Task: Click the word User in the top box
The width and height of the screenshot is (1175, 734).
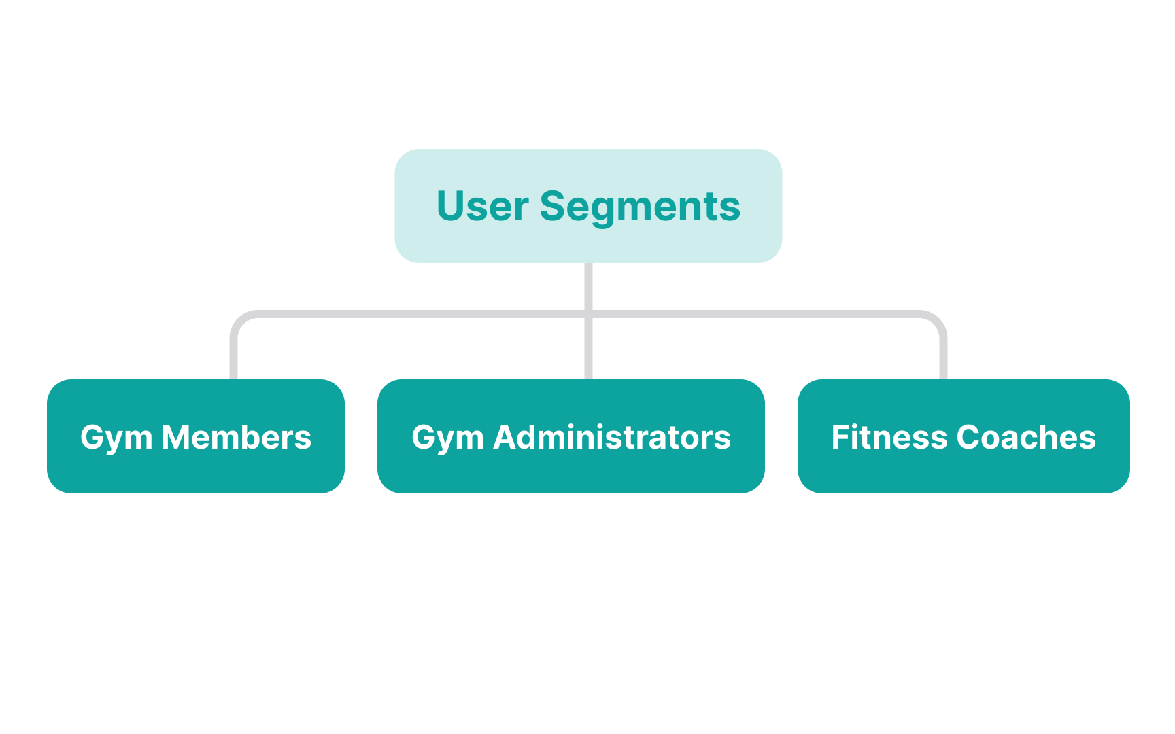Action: click(x=482, y=206)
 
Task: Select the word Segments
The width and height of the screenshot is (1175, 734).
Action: click(x=640, y=207)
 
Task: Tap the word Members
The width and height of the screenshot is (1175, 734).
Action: click(x=237, y=437)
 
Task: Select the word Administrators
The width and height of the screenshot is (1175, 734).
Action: click(x=612, y=437)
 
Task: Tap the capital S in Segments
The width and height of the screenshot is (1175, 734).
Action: click(x=555, y=206)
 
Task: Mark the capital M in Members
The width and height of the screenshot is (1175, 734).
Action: click(x=177, y=437)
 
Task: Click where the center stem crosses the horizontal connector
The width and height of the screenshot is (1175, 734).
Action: click(x=588, y=314)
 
